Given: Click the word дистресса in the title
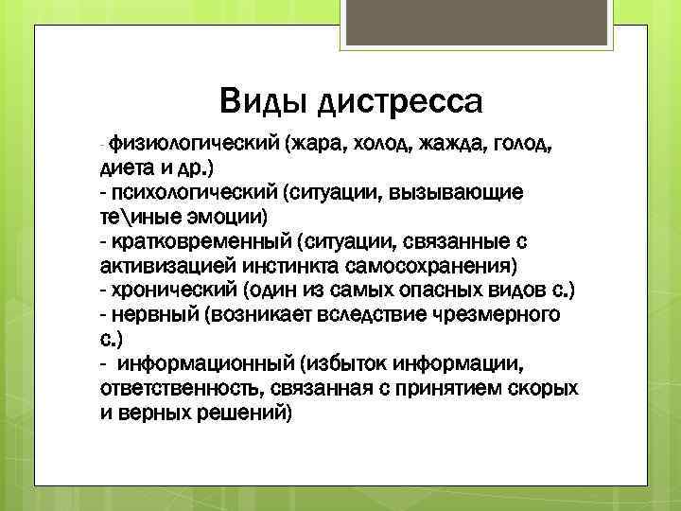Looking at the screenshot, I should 401,98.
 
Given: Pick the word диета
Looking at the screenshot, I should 129,168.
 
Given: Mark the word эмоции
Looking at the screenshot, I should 222,217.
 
